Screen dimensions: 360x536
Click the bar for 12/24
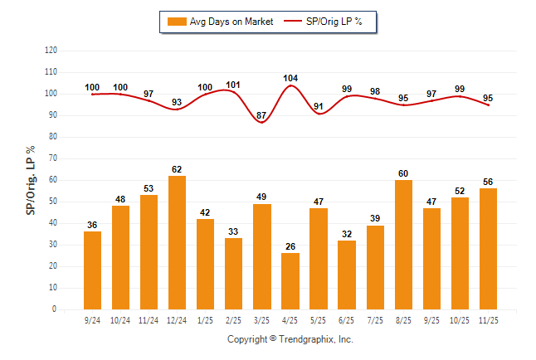178,242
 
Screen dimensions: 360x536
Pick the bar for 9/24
93,270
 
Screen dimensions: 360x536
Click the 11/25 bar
488,249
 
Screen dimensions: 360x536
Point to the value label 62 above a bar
178,168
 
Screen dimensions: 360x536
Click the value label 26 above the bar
290,246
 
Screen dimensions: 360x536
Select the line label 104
290,78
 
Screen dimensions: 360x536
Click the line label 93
178,102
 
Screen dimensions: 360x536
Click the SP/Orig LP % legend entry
324,22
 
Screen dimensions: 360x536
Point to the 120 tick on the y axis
51,51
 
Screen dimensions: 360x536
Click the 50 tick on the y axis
53,202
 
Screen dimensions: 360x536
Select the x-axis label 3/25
262,319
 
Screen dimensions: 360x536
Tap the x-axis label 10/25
460,319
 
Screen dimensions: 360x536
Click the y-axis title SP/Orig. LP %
31,179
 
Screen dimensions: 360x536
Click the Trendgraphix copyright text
290,339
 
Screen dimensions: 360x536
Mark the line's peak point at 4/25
290,85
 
